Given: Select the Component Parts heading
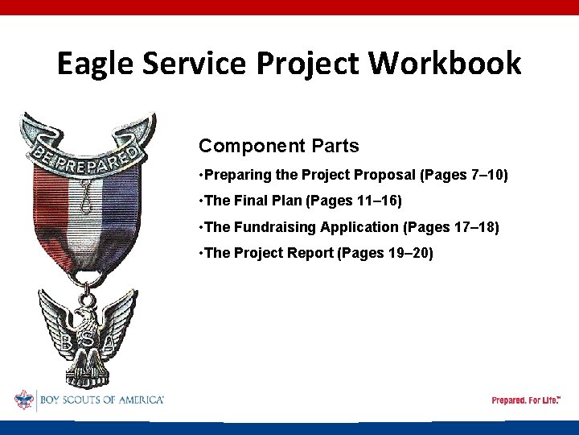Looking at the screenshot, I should point(278,146).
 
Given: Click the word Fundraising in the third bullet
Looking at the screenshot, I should point(273,228).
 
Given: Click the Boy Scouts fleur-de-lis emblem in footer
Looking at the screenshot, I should point(23,400).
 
